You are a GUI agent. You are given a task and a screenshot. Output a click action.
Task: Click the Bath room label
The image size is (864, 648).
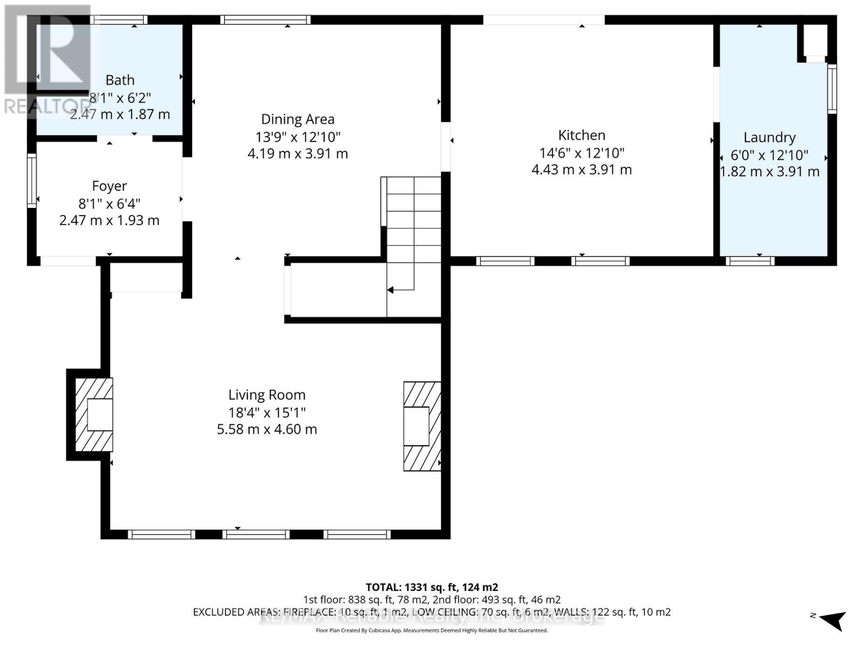point(120,80)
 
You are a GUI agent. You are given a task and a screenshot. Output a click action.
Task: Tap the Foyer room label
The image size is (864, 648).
point(109,186)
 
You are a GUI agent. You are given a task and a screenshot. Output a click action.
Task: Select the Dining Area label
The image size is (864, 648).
point(298,119)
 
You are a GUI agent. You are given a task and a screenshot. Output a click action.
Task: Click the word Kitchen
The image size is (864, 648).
point(582,136)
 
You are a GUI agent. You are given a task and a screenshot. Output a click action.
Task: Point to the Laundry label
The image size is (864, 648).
point(769,138)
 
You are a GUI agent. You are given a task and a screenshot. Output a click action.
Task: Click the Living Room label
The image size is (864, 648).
point(267,395)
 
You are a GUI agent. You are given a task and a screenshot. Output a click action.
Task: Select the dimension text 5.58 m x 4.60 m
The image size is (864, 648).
point(267,430)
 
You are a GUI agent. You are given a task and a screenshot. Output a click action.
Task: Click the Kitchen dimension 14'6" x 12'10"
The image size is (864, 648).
point(582,153)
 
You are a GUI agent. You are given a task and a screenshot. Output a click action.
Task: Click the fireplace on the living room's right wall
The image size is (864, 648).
point(422,426)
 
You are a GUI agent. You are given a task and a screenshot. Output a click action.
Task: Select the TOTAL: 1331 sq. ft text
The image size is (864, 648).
point(431,588)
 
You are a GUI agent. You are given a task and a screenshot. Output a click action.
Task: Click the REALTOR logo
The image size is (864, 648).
point(47,59)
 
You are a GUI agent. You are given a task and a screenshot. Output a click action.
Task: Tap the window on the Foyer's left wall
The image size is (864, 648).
point(32,181)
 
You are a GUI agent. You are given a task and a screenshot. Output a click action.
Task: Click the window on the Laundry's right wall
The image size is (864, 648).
point(832,89)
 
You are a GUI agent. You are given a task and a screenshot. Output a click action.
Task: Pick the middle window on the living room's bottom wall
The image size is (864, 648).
point(256,535)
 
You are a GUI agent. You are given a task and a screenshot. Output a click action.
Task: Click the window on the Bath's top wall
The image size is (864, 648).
point(119,20)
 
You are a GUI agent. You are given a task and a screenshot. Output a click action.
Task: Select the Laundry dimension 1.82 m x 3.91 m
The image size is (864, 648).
point(769,172)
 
